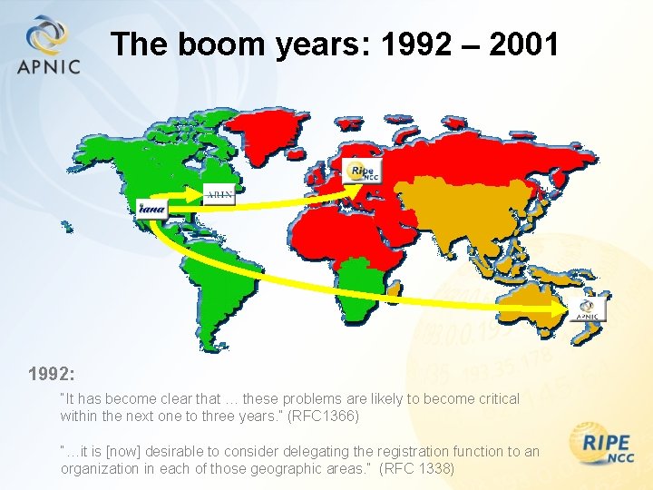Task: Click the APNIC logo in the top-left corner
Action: pyautogui.click(x=47, y=45)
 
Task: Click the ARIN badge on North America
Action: pyautogui.click(x=219, y=193)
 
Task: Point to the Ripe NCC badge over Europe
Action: pyautogui.click(x=363, y=170)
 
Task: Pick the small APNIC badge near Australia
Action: pyautogui.click(x=590, y=309)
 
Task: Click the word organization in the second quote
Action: pyautogui.click(x=99, y=469)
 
